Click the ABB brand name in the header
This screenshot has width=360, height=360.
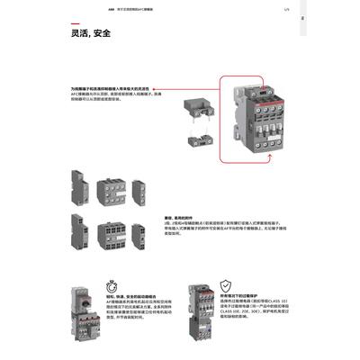(74, 11)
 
